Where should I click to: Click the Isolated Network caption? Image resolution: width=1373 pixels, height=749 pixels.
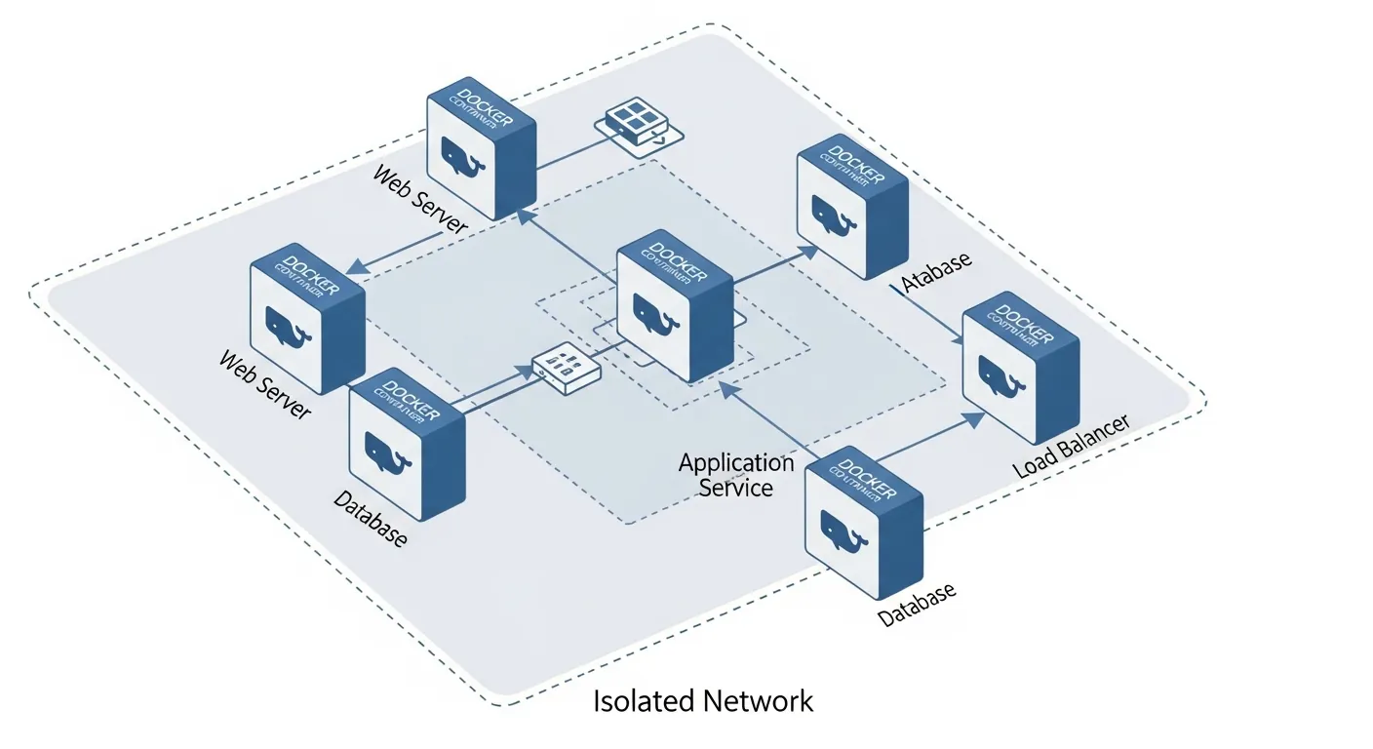point(703,700)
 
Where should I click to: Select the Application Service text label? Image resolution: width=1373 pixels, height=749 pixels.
point(736,475)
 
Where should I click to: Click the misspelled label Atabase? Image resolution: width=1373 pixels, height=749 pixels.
point(936,274)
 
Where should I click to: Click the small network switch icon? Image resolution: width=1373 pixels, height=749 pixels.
point(567,368)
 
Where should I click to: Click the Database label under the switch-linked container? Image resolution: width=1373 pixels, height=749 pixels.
point(370,519)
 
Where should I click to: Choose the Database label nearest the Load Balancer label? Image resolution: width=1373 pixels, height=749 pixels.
point(917,605)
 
